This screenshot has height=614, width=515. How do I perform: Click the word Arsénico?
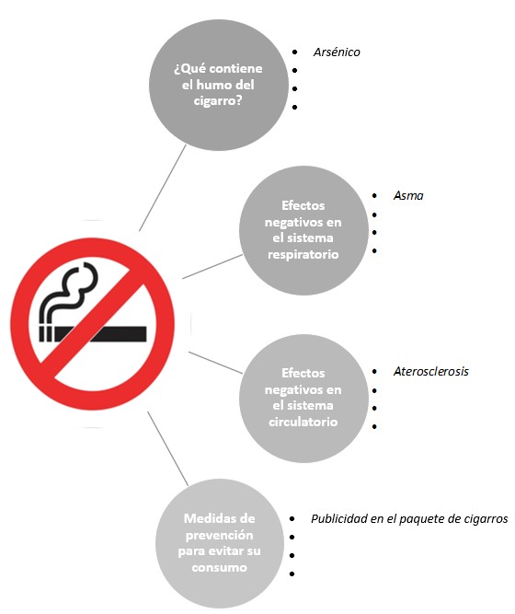[x=337, y=52]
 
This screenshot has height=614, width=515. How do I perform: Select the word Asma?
[x=408, y=195]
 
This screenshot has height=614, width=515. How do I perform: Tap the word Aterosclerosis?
[x=431, y=371]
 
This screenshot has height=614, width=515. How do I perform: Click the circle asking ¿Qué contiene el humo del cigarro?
[x=218, y=85]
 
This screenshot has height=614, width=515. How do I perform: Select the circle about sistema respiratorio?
[x=303, y=230]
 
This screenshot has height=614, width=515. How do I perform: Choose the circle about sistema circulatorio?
[x=303, y=398]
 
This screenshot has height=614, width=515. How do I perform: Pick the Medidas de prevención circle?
[x=220, y=543]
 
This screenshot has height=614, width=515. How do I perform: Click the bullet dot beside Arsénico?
[x=294, y=52]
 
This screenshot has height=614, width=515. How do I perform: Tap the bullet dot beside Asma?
[x=375, y=195]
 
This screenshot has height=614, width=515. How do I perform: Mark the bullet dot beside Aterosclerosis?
[x=375, y=371]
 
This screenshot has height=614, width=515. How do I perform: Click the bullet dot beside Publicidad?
[x=292, y=519]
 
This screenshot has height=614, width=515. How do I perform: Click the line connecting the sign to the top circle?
[x=163, y=188]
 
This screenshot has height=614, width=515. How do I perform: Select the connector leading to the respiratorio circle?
[x=212, y=267]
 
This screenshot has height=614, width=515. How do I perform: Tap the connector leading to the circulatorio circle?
[x=215, y=363]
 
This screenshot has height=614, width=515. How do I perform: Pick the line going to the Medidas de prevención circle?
[x=168, y=448]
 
